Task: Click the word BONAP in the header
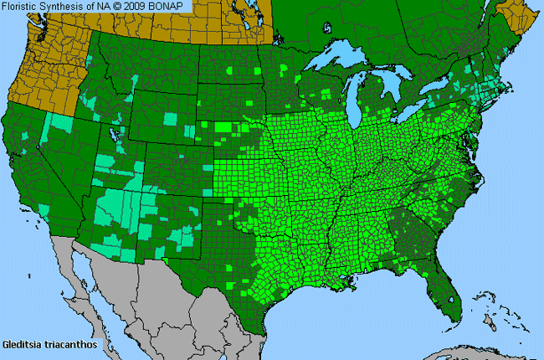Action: pyautogui.click(x=172, y=7)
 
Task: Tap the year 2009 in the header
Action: pyautogui.click(x=142, y=7)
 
